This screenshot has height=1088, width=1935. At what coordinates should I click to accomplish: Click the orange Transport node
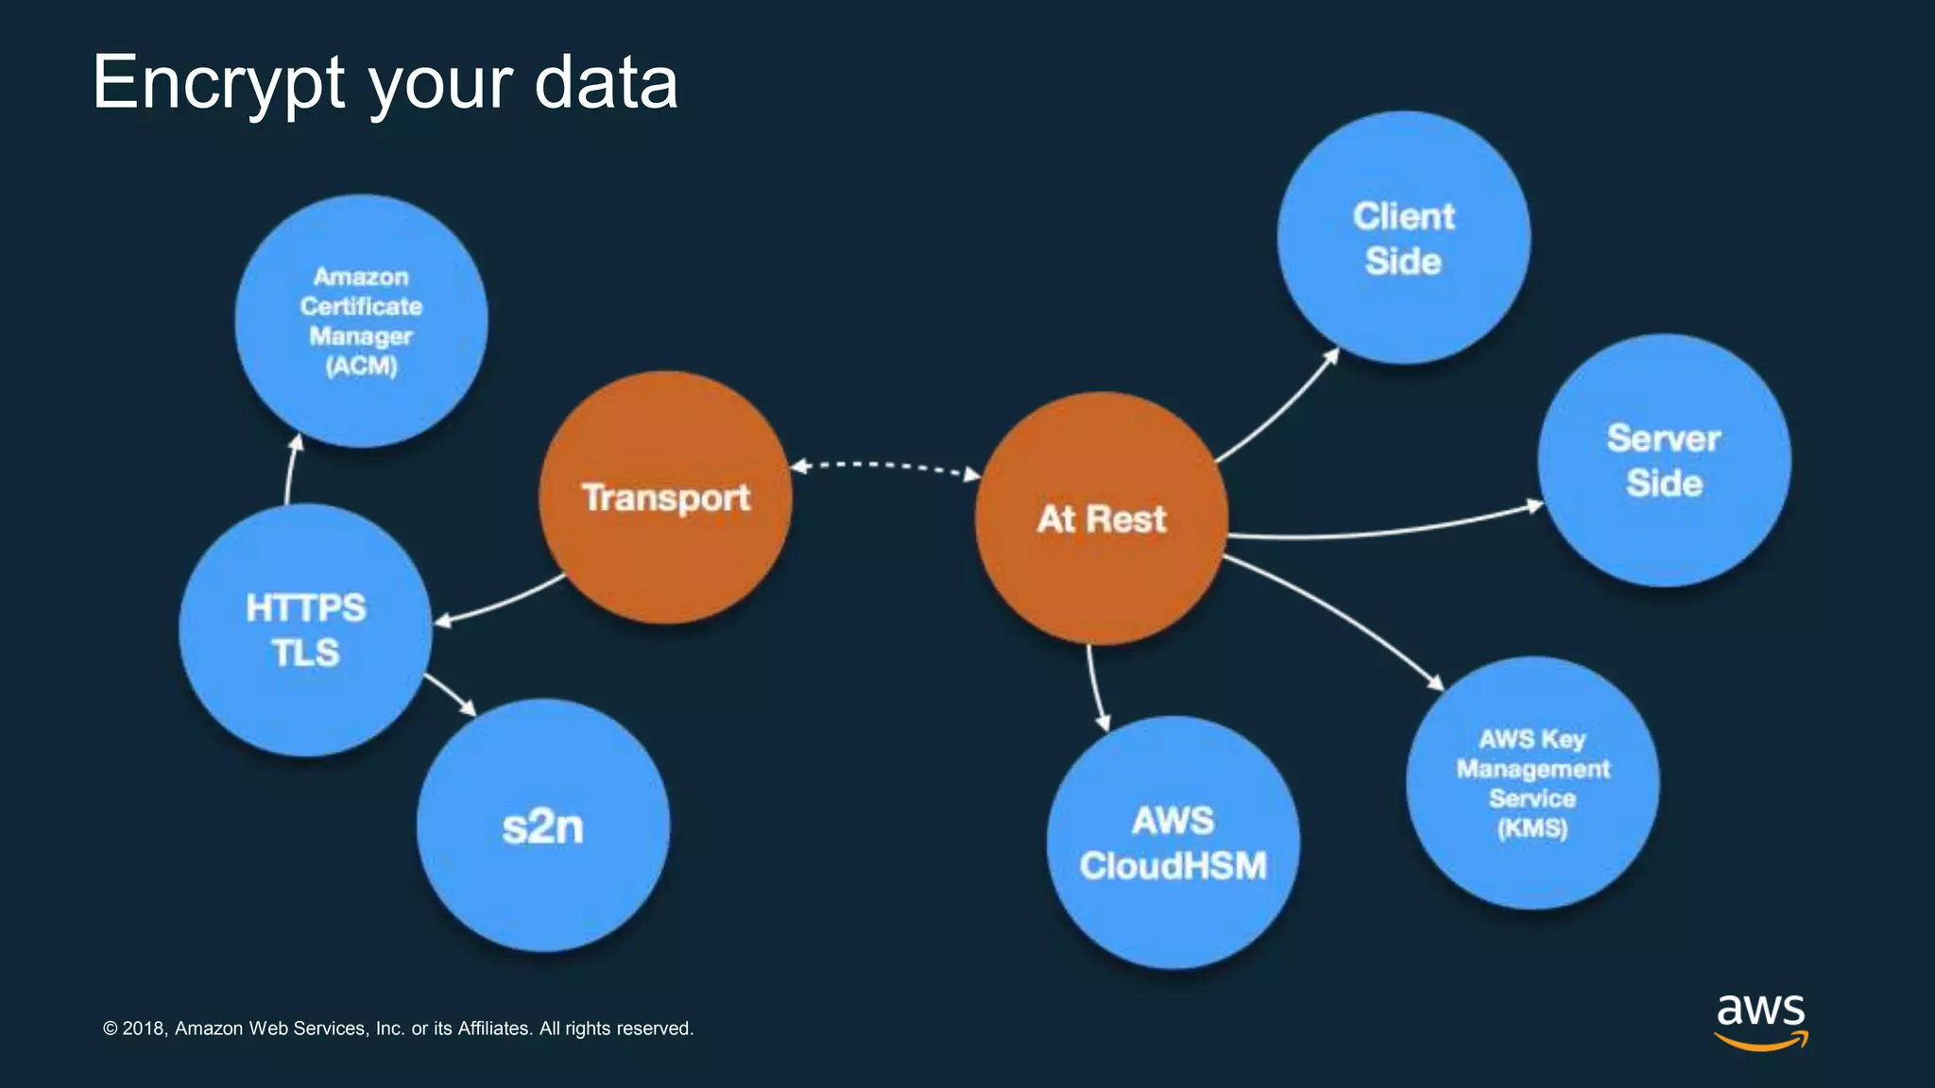[x=665, y=498]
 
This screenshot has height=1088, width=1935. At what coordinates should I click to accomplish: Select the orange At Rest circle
[x=1102, y=518]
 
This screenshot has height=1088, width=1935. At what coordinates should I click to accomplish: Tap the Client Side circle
[x=1403, y=238]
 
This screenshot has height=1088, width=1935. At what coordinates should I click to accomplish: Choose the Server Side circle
[x=1664, y=461]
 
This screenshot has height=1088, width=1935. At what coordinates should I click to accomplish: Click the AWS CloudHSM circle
[x=1173, y=842]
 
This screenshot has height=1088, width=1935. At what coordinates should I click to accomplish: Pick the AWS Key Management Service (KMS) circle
[x=1532, y=783]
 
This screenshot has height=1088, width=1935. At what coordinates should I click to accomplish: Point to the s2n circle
[x=542, y=826]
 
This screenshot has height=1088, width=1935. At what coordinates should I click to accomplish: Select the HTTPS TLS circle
[x=305, y=630]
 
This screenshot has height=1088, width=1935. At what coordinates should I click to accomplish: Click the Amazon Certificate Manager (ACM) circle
[x=361, y=321]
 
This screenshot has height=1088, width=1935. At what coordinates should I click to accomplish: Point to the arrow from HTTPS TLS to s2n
[x=451, y=694]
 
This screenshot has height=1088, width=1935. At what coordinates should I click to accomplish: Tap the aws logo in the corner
[x=1760, y=1020]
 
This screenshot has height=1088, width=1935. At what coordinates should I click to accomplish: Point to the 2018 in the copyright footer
[x=145, y=1028]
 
